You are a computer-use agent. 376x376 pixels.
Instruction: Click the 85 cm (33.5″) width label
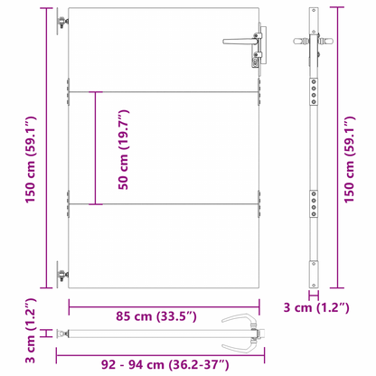(156, 316)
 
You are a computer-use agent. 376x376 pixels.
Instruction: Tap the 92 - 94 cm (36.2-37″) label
(164, 365)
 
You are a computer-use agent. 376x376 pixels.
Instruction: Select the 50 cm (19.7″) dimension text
(124, 150)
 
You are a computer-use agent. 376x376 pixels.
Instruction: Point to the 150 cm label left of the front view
(31, 160)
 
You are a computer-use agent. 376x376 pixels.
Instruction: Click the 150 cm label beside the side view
(350, 160)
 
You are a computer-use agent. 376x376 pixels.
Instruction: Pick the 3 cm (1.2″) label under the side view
(316, 307)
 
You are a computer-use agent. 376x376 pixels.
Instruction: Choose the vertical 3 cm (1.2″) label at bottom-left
(31, 331)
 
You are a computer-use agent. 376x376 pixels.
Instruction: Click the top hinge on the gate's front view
(62, 22)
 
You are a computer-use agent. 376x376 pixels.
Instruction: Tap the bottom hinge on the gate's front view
(62, 275)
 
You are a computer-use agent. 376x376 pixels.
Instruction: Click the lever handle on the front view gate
(240, 41)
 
